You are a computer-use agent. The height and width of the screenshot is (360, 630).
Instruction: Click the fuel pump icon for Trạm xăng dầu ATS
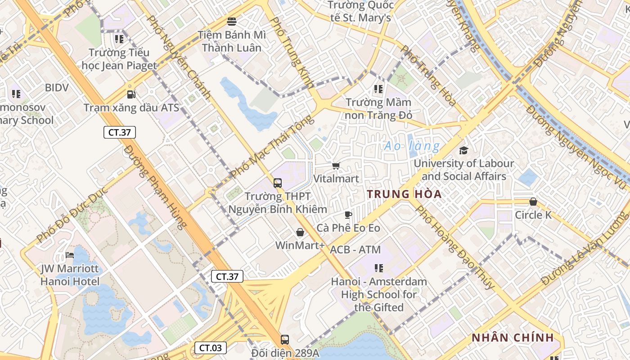click(131, 94)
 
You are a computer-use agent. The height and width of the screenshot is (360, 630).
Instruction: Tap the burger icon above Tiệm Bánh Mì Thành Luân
click(232, 21)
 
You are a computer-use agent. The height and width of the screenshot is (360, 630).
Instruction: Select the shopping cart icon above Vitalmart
click(336, 166)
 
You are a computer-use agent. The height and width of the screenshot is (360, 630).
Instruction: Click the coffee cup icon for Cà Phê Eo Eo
click(348, 215)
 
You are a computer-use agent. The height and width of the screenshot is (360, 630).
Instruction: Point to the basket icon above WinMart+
click(300, 232)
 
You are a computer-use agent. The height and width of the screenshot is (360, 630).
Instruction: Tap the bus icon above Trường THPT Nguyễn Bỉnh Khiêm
click(278, 183)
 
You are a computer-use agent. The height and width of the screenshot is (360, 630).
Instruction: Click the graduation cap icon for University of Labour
click(463, 150)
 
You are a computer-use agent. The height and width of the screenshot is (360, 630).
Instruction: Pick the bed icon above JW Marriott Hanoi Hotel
click(70, 255)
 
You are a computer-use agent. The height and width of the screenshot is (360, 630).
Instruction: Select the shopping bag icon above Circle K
click(533, 202)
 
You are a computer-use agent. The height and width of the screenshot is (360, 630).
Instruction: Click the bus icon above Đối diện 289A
click(284, 339)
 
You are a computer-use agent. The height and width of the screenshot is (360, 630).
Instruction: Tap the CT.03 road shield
click(211, 347)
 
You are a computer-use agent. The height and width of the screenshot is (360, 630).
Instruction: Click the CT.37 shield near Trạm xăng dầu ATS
click(119, 132)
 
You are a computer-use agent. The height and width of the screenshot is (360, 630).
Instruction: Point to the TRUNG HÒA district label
click(404, 194)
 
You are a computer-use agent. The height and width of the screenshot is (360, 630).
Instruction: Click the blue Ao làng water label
click(412, 146)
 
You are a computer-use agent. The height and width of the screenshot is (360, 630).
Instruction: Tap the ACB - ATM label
click(355, 250)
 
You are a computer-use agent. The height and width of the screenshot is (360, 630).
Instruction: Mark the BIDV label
click(57, 87)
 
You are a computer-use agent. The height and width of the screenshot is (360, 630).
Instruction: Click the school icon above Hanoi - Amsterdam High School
click(379, 268)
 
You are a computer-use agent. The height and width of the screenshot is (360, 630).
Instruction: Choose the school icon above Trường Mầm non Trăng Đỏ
click(378, 89)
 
